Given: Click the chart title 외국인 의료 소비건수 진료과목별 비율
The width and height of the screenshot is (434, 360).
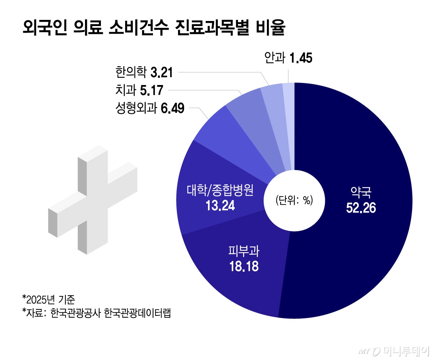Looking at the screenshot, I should (154, 29).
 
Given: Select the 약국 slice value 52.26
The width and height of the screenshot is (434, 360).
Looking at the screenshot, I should (361, 208).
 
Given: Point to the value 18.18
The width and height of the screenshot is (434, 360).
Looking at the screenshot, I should (243, 267).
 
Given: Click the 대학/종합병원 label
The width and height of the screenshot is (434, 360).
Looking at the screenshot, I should (220, 190).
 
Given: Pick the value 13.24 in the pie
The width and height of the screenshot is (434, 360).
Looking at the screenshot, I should (220, 206).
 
